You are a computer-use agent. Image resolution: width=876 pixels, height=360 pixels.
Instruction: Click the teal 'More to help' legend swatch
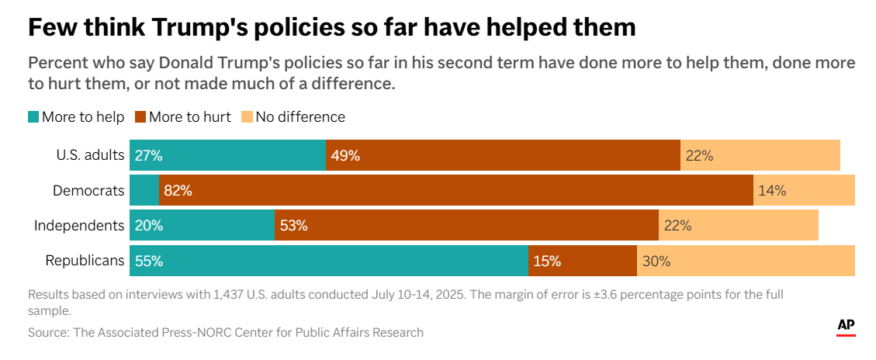tap(33, 117)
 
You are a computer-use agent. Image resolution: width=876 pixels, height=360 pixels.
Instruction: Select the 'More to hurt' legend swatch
tap(140, 117)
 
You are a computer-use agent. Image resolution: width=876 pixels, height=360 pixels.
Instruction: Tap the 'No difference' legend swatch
tap(247, 117)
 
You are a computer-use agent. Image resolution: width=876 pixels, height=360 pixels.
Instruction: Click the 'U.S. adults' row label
tap(90, 155)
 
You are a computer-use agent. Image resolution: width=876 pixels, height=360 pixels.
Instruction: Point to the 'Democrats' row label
tap(88, 190)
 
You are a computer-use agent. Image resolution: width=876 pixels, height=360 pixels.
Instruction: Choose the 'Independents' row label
tap(79, 226)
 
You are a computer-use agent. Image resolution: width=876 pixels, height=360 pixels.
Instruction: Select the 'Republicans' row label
tap(85, 261)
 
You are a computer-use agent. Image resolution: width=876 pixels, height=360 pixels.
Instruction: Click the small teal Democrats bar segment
tap(144, 190)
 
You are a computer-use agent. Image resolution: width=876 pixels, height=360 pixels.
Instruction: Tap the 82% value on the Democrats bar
tap(178, 190)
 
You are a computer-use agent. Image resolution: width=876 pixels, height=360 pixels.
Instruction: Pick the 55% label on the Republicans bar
tap(149, 261)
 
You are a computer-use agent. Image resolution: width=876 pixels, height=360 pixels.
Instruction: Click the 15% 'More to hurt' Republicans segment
tap(582, 261)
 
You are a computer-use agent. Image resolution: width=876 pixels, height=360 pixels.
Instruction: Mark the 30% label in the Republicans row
tap(656, 261)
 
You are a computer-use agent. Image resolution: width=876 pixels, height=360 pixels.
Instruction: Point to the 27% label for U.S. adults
tap(148, 155)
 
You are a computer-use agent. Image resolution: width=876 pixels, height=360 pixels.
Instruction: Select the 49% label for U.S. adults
tap(345, 155)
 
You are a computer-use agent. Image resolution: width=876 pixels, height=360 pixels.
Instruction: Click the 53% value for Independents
tap(294, 226)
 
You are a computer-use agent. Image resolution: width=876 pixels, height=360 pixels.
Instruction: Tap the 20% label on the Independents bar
tap(148, 226)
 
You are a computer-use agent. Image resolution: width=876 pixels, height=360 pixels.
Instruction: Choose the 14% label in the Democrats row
tap(772, 190)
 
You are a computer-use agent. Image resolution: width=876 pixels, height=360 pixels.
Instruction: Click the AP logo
tap(846, 327)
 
